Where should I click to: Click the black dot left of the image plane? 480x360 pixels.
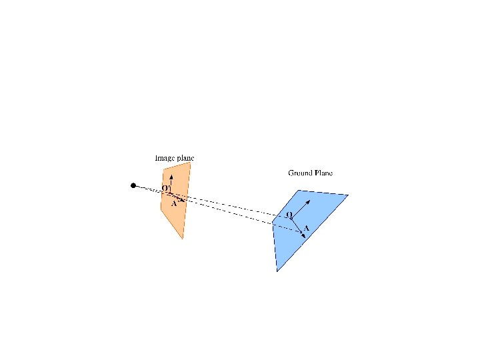coord(133,185)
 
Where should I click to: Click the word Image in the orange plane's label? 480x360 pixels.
coord(163,158)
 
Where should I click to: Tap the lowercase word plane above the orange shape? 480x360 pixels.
coord(185,158)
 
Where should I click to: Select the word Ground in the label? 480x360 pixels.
coord(299,173)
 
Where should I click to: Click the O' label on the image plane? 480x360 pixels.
coord(165,188)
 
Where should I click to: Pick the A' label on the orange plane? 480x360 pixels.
coord(174,203)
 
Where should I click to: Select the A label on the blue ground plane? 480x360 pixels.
coord(306,229)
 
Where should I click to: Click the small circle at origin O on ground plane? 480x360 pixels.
coord(291,218)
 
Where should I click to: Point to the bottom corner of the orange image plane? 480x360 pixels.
coord(182,239)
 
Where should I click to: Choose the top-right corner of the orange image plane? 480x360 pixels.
coord(191,162)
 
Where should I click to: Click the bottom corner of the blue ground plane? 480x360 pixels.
coord(277,271)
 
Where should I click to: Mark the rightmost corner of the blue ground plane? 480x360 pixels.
coord(348,195)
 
